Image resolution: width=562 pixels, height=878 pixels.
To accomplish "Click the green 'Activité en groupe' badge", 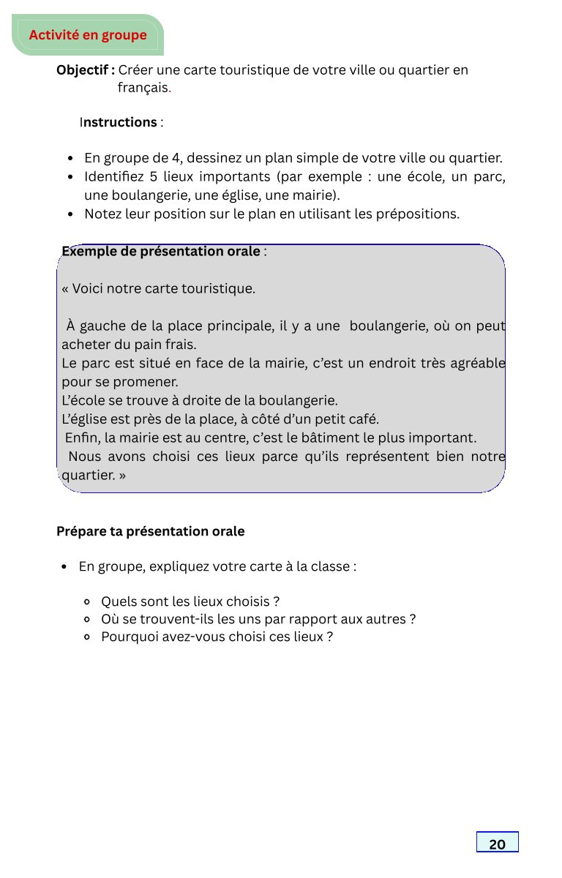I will coord(88,35).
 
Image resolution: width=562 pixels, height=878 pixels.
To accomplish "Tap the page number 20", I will coord(497,844).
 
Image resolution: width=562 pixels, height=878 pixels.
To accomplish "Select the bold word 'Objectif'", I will coord(83,70).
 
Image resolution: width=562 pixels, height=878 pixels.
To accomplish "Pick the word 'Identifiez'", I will coord(113,177).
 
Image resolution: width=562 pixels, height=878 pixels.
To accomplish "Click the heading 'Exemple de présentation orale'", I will coord(160,252).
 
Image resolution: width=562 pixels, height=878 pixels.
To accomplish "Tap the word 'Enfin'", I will coord(82,438).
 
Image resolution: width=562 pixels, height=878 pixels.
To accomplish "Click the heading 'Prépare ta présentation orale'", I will coord(150,531).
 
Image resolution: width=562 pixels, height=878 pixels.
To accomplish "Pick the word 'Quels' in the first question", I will coord(117,602).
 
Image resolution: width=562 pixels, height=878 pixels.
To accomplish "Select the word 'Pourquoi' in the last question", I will coord(127,637).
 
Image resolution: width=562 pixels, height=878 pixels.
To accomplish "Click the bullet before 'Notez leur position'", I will coord(69,215).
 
